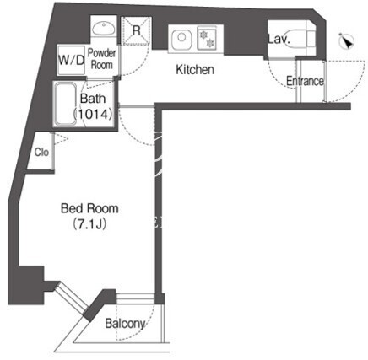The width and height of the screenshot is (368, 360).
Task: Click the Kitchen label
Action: coord(195,69)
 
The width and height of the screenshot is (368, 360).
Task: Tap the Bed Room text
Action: coord(89,208)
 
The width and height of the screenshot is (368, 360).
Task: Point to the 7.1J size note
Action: coord(89,224)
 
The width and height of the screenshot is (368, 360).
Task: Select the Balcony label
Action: coord(125,324)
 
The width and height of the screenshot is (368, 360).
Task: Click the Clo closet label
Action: coord(41,153)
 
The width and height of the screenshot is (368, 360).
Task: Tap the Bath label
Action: coord(93,99)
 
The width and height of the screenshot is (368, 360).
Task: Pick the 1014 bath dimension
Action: coord(93,114)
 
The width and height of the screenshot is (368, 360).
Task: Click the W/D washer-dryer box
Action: coord(72,60)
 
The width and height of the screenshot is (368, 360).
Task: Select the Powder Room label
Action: coord(101,59)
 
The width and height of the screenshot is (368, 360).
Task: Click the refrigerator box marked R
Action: coord(137,30)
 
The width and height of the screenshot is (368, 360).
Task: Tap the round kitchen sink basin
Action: coord(181,37)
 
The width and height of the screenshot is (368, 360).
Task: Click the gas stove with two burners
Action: coord(207,38)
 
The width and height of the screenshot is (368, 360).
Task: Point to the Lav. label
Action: coord(279,39)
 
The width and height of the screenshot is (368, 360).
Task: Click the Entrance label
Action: coord(305,81)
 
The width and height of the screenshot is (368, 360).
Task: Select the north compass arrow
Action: coord(347,41)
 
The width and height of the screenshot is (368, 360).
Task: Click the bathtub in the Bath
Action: coord(66,104)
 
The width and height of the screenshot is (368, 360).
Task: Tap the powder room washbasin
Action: coord(104,28)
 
